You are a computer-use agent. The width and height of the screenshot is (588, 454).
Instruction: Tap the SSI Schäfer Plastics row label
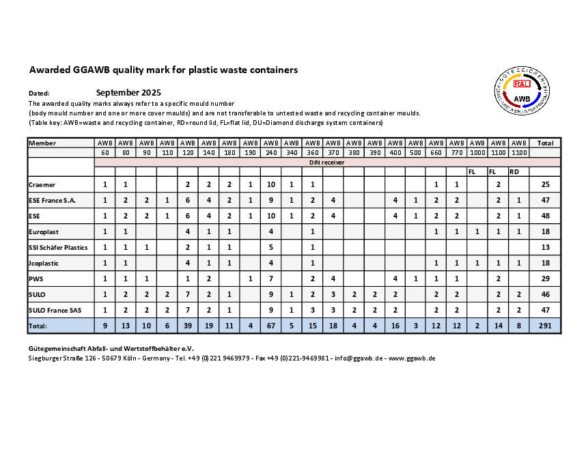pos(58,246)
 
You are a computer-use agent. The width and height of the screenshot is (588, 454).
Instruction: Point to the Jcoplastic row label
pos(44,262)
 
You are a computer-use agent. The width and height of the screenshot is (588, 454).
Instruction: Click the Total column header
pos(545,143)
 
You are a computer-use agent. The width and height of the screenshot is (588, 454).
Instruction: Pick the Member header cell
pos(43,143)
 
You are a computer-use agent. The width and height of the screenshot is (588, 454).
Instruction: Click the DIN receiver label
pos(328,162)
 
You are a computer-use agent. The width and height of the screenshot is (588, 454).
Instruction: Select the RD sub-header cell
pos(515,171)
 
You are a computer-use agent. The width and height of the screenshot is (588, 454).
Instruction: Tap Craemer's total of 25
pos(545,185)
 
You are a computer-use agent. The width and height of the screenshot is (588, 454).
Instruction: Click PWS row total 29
pos(545,279)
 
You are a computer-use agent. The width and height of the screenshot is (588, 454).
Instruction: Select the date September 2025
pos(128,92)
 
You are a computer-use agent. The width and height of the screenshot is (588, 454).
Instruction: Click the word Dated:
pos(40,93)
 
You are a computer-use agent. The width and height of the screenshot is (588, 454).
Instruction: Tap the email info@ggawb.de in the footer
pos(358,358)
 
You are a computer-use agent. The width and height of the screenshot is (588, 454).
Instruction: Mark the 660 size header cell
pos(436,152)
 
